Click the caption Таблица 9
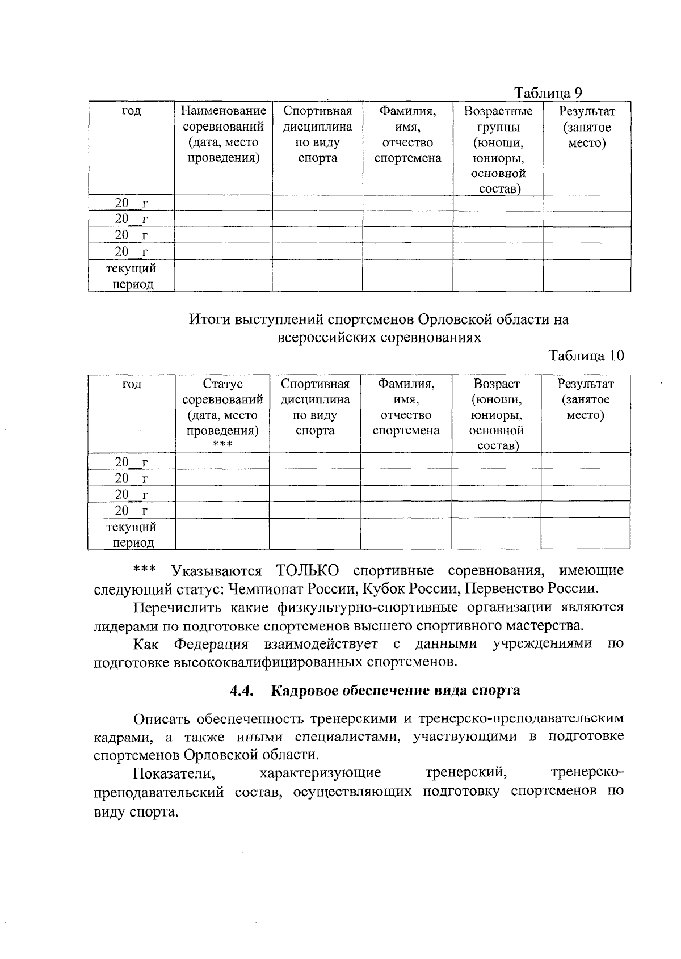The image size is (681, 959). point(548,93)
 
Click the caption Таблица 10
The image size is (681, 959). point(586,356)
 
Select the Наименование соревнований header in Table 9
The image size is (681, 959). point(223,134)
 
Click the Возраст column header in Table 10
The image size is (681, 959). point(496,415)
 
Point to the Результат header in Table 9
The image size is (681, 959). point(587,127)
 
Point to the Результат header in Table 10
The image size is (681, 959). point(585,399)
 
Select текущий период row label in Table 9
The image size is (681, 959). point(132,276)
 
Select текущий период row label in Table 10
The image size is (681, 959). point(132,535)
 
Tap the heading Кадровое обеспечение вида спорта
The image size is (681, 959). point(396,691)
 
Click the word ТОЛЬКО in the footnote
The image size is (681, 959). point(308,570)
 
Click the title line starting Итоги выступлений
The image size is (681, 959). point(379,319)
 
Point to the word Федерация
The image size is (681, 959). point(211,644)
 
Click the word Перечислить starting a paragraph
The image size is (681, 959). point(176,607)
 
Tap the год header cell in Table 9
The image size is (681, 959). point(132,111)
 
